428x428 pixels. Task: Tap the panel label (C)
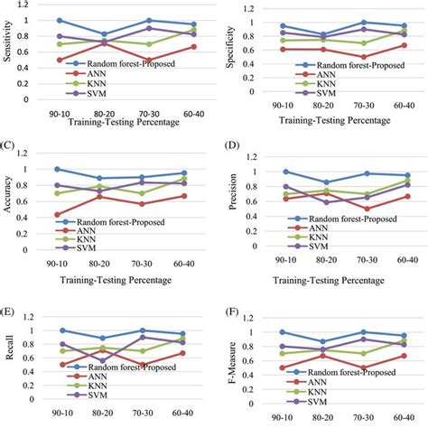pos(9,144)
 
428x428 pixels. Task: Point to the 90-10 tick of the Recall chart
pos(60,406)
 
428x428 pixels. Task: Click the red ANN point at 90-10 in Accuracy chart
pos(60,215)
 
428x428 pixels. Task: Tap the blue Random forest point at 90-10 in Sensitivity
pos(60,20)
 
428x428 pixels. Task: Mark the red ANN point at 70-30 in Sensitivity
pos(148,60)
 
